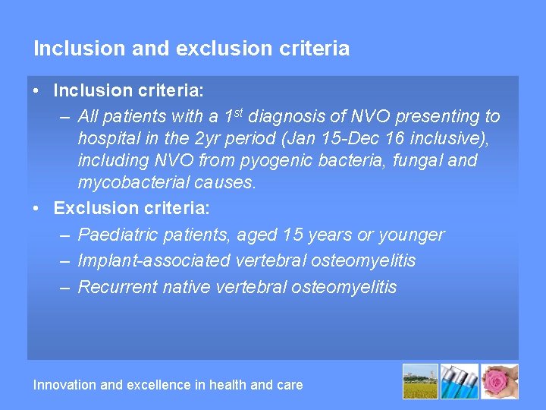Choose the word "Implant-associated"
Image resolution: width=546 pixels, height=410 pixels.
pyautogui.click(x=154, y=260)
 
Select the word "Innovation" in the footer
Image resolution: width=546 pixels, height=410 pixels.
pyautogui.click(x=65, y=385)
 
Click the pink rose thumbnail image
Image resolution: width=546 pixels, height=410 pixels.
pyautogui.click(x=500, y=382)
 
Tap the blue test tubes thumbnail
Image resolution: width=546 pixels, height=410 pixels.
pyautogui.click(x=460, y=382)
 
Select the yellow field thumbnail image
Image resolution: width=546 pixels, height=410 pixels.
pyautogui.click(x=420, y=382)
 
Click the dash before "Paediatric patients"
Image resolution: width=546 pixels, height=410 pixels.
pyautogui.click(x=64, y=235)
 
